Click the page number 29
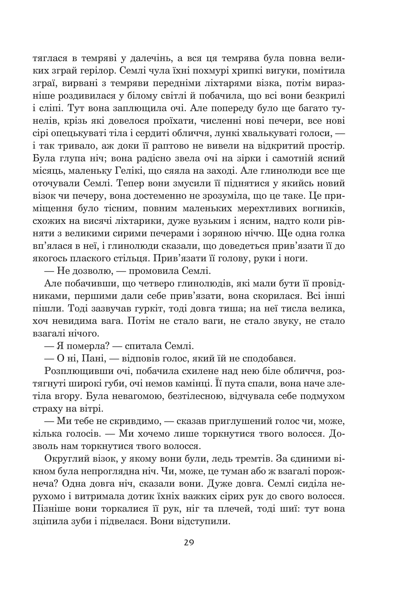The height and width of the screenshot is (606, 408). [x=189, y=543]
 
